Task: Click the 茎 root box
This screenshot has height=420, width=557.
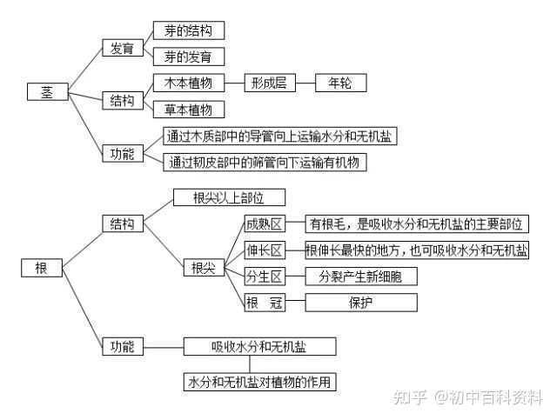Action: (48, 92)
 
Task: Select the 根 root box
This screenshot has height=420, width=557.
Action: (42, 268)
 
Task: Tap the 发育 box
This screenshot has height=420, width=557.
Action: (123, 48)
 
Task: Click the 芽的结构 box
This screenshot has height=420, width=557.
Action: (189, 30)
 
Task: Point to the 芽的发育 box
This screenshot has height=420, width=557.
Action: (189, 57)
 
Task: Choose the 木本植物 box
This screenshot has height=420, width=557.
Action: (189, 83)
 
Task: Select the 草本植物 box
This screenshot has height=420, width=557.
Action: (189, 110)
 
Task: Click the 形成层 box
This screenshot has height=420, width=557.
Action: (270, 83)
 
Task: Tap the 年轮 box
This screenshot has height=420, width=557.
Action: (340, 83)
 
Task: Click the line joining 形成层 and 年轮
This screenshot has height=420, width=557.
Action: (305, 83)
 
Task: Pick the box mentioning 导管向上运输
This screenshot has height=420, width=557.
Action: (280, 136)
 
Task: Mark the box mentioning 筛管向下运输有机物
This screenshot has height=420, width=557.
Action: (265, 163)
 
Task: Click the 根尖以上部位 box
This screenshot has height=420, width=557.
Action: (229, 197)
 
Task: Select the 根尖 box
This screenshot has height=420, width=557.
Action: (204, 268)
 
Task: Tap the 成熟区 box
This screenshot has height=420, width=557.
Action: (265, 223)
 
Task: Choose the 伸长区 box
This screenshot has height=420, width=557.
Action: (265, 250)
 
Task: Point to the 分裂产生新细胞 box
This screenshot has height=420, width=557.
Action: (361, 277)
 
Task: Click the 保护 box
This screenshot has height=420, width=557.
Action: (361, 303)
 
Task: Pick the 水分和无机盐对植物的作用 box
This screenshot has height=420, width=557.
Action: (259, 382)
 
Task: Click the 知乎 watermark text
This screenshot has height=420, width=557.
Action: (410, 397)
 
